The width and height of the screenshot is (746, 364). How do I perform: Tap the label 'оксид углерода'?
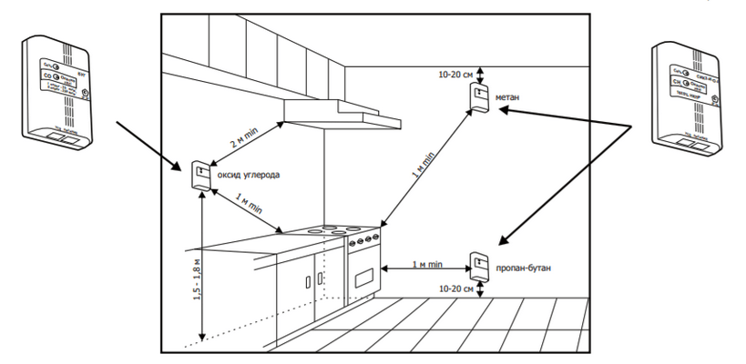249,173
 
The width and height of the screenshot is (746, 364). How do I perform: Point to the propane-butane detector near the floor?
479,265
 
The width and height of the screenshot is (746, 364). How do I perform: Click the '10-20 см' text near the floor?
455,288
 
